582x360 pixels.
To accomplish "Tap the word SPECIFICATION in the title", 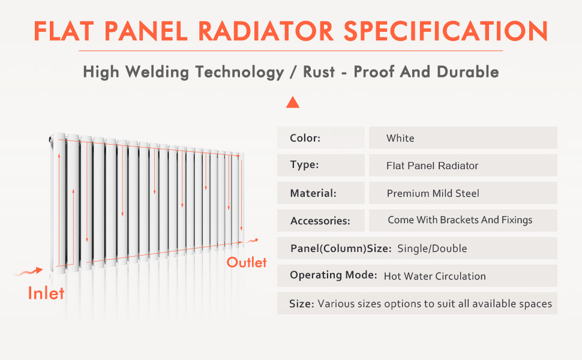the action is click(446, 31).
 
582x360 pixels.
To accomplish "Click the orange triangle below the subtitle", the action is click(292, 102).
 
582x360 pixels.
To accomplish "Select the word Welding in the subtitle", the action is click(157, 72).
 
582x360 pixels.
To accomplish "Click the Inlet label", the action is click(46, 293).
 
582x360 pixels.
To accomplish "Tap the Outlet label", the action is click(247, 262).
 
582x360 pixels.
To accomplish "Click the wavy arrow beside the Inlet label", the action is click(28, 272).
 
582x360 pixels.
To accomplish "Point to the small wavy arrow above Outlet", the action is click(253, 241).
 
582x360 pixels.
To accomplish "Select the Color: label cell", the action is click(320, 137).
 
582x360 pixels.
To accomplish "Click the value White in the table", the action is click(400, 138).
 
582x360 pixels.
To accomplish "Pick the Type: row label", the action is click(304, 164).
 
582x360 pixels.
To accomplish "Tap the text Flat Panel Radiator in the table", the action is click(432, 166).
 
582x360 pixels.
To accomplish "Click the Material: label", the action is click(313, 193).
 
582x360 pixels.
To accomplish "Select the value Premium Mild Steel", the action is click(433, 193).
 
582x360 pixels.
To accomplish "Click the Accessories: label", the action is click(320, 221).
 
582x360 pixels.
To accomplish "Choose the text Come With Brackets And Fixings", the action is click(460, 220).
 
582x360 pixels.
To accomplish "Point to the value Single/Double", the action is click(432, 248).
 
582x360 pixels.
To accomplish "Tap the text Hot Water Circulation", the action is click(434, 276).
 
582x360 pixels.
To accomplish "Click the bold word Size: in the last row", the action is click(301, 304).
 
